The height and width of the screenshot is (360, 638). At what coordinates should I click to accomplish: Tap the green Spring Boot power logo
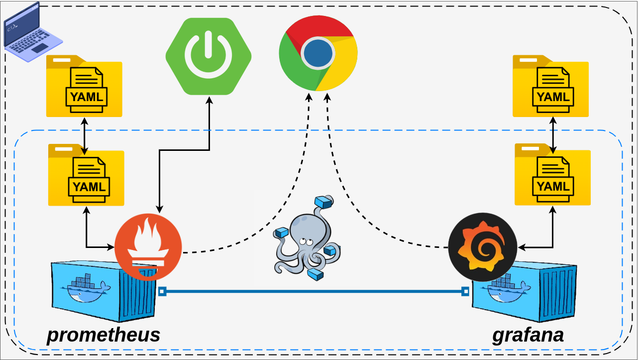(x=209, y=56)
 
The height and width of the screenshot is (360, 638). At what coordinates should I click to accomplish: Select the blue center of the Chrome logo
(x=318, y=53)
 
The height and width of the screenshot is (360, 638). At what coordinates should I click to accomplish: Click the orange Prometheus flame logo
(x=148, y=247)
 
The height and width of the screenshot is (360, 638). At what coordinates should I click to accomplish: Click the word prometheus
(x=104, y=335)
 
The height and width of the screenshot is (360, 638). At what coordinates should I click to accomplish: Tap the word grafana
(x=528, y=335)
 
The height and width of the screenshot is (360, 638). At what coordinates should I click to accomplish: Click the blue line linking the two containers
(x=314, y=291)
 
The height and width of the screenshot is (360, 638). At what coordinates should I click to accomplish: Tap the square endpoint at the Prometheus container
(x=162, y=291)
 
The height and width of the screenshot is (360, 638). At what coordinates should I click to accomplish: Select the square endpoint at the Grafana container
(x=465, y=291)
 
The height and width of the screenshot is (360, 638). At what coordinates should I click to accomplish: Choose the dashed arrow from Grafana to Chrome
(x=348, y=199)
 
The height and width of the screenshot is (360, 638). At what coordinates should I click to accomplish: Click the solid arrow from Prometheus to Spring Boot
(x=209, y=149)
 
